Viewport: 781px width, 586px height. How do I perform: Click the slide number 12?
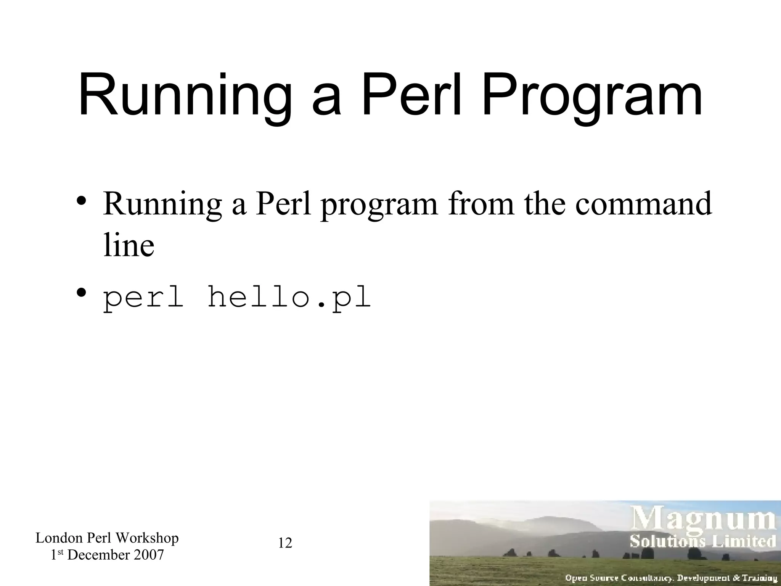click(x=285, y=543)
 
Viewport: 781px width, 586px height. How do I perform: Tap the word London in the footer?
click(x=59, y=538)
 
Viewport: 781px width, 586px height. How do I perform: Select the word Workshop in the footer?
click(x=147, y=538)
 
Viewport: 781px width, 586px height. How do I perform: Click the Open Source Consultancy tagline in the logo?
click(x=671, y=578)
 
